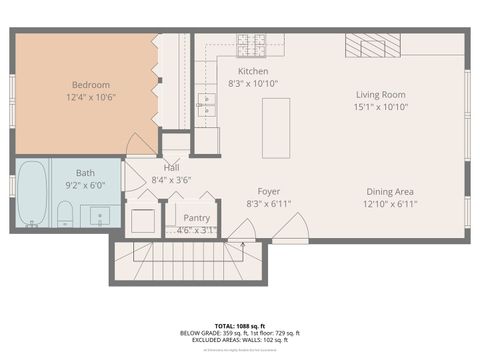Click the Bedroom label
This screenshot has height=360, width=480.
pyautogui.click(x=90, y=84)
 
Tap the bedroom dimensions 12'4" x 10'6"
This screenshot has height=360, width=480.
pyautogui.click(x=90, y=98)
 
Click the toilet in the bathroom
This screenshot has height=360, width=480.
pyautogui.click(x=64, y=213)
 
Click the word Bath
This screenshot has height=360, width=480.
pyautogui.click(x=85, y=172)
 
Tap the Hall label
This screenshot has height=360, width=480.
pyautogui.click(x=171, y=167)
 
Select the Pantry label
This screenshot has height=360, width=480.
pyautogui.click(x=197, y=217)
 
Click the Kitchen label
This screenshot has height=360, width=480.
pyautogui.click(x=252, y=71)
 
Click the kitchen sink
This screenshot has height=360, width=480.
pyautogui.click(x=207, y=100)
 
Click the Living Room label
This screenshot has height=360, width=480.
pyautogui.click(x=380, y=95)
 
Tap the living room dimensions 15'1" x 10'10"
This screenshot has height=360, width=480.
pyautogui.click(x=380, y=109)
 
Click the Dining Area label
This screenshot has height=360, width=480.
pyautogui.click(x=390, y=191)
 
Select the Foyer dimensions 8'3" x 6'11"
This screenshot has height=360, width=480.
pyautogui.click(x=268, y=204)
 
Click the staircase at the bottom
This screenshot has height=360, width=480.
pyautogui.click(x=190, y=264)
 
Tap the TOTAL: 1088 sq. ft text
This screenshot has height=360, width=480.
pyautogui.click(x=239, y=325)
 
